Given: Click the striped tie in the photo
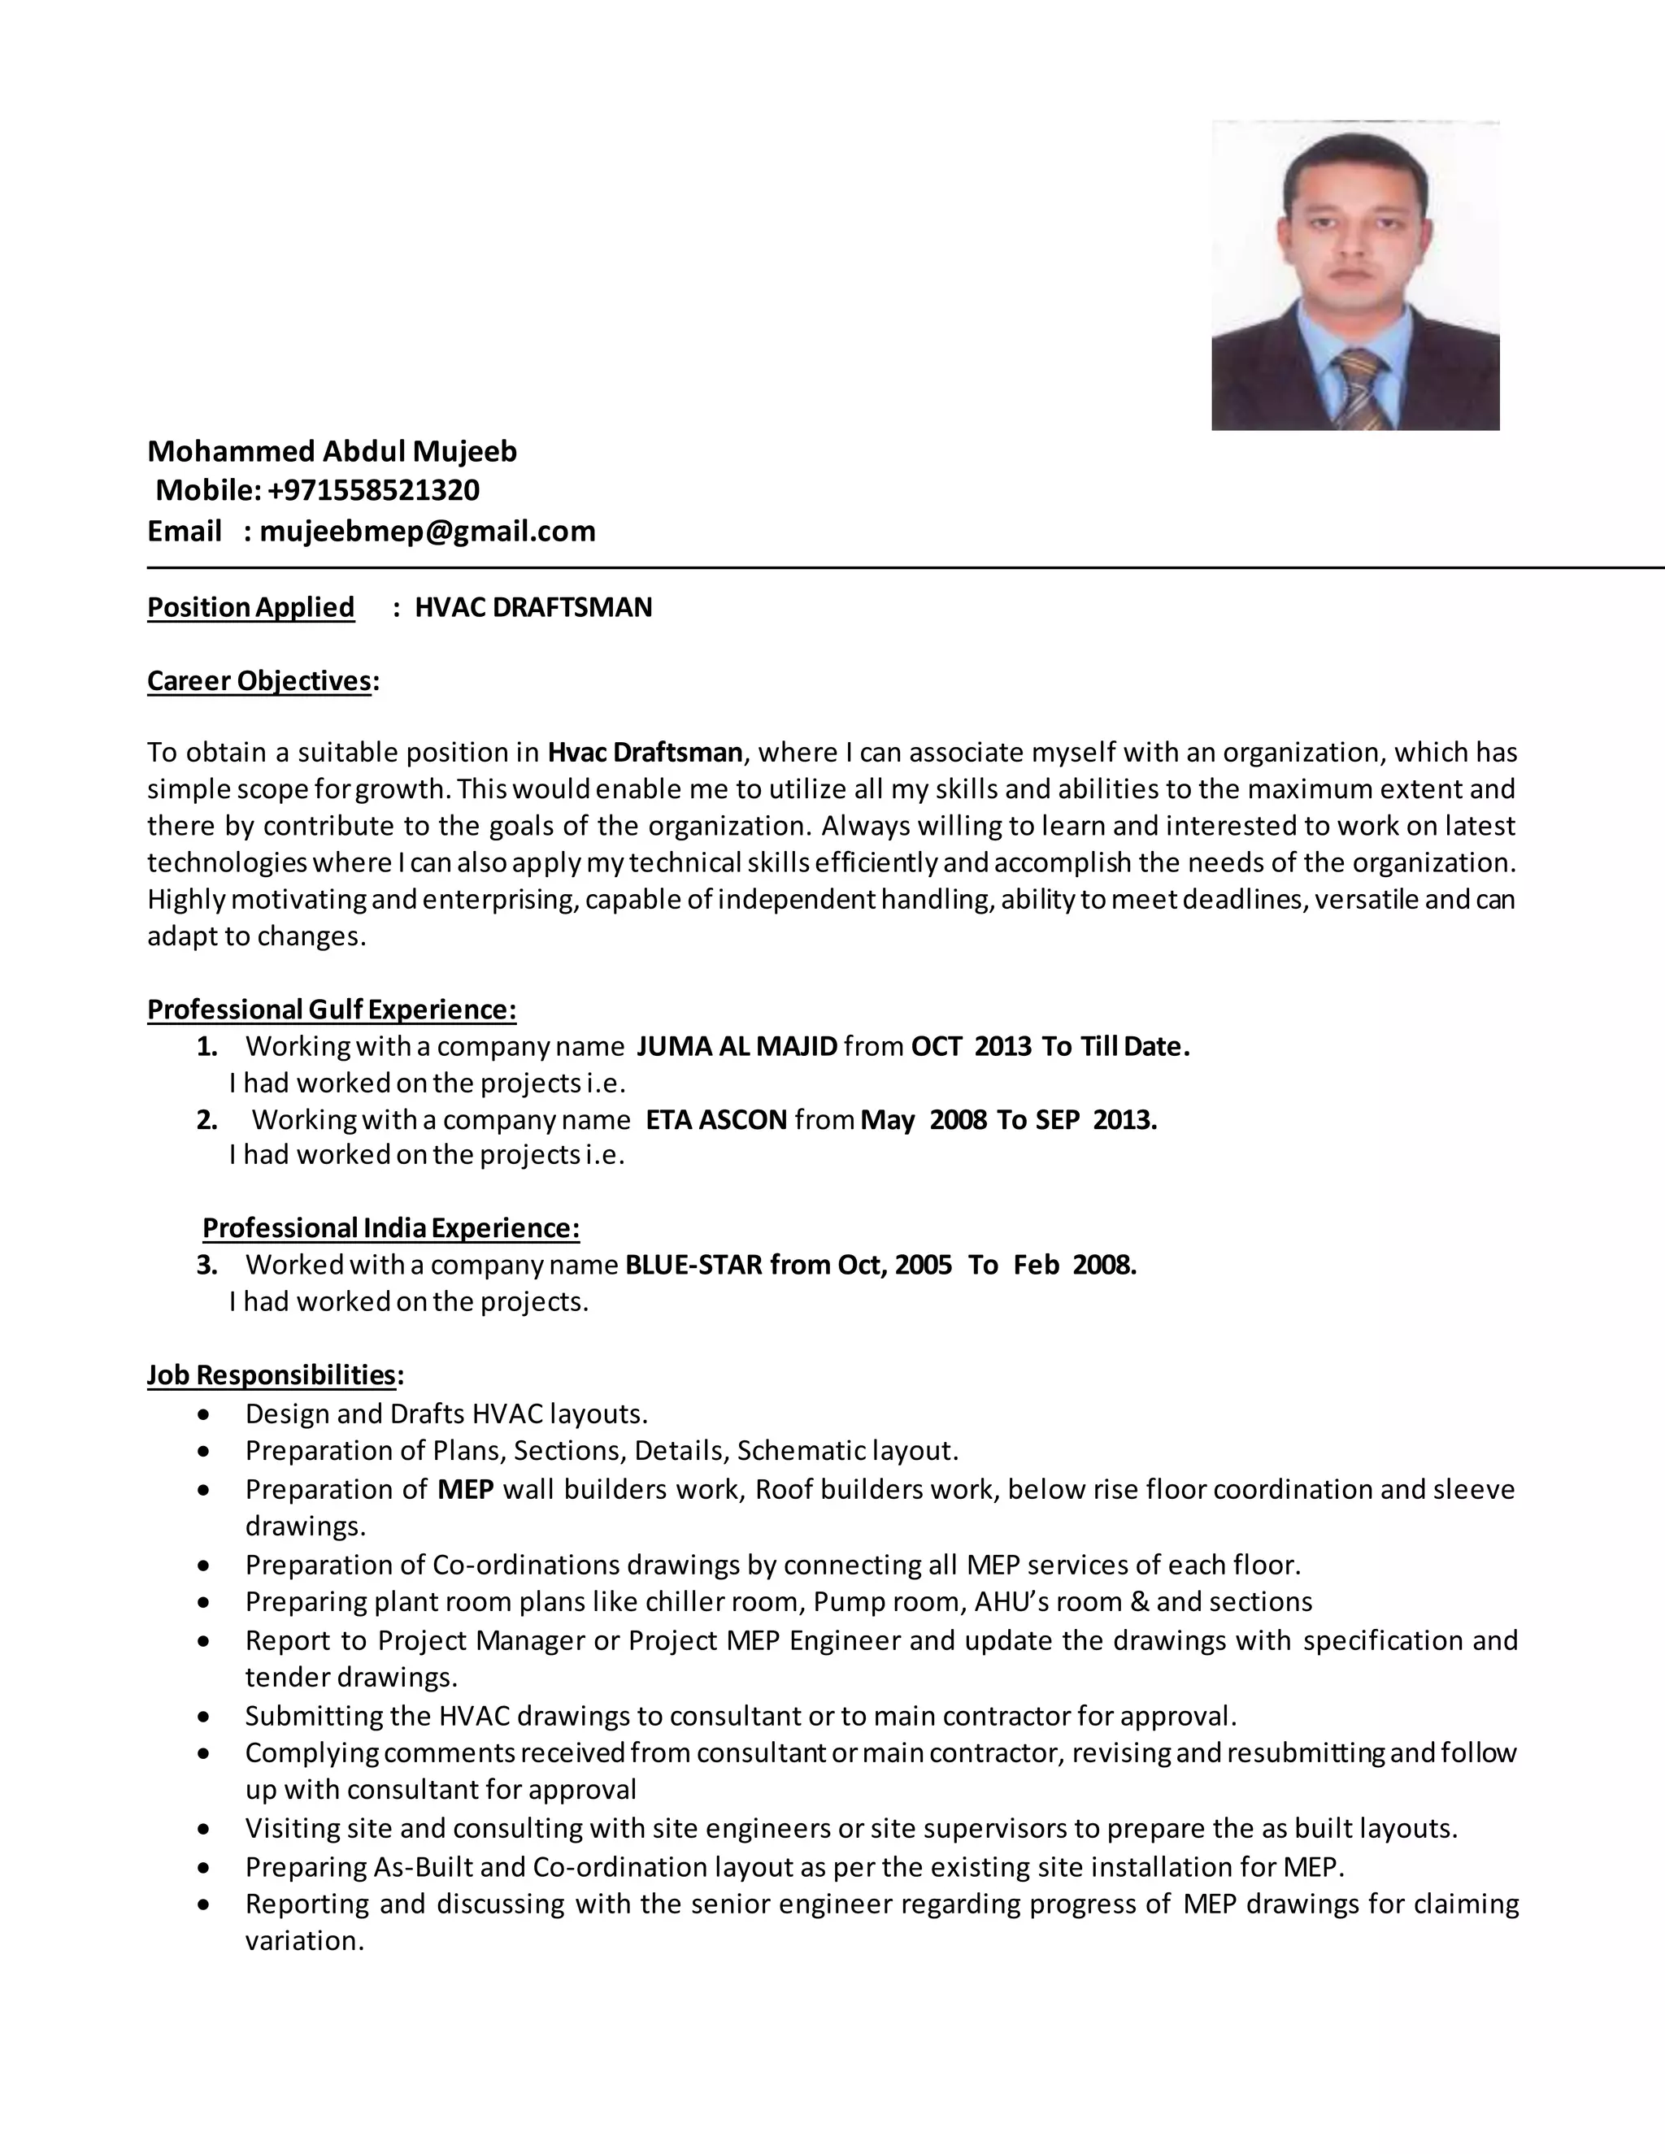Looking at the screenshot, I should pos(1359,389).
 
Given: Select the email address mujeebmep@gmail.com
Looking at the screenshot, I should pos(427,532).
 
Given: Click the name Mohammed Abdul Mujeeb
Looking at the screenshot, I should pos(332,452).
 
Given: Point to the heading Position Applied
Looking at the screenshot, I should pos(250,607).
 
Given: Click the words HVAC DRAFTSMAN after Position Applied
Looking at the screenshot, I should pos(533,607).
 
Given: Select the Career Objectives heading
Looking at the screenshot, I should pos(260,681).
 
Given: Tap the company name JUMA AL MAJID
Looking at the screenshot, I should pos(737,1046).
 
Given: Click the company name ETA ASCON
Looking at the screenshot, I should pos(716,1120).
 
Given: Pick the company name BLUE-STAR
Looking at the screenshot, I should pos(693,1266).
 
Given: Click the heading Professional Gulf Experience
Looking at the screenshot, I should pos(332,1010).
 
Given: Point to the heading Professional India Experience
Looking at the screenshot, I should pos(390,1229).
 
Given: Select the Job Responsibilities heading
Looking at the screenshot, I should pos(272,1374).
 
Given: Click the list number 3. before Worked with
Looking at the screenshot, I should pos(206,1266).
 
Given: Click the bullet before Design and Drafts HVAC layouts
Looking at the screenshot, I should pos(204,1415).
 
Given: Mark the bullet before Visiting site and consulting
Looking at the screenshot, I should pos(204,1830).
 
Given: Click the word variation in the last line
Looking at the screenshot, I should pos(304,1941).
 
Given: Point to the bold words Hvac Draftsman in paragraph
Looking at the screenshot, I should pos(644,753).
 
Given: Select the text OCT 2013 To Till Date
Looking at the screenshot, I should pos(1050,1046).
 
